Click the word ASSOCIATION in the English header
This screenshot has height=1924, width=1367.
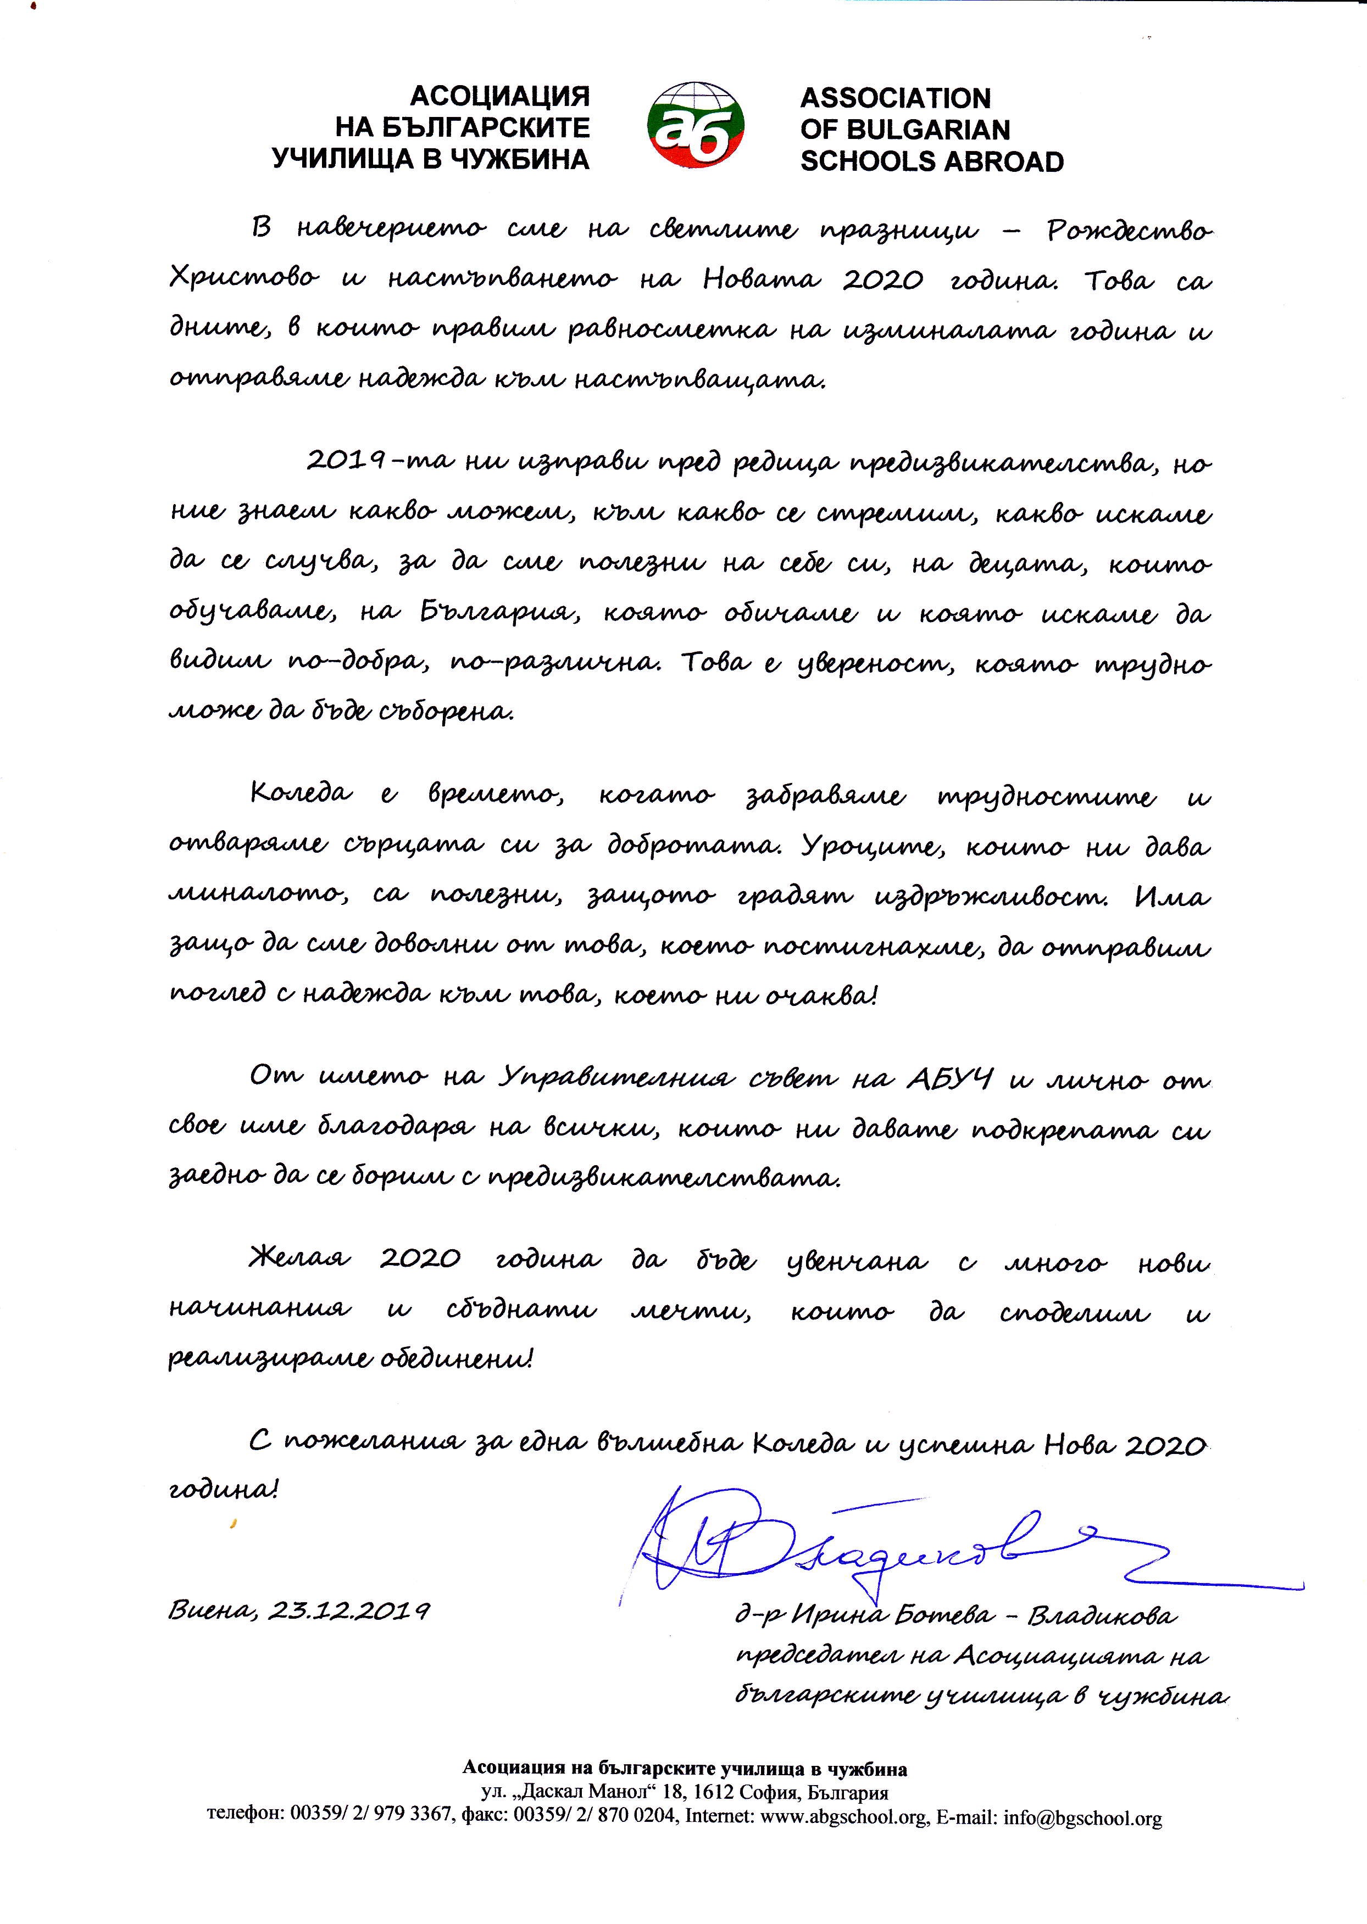click(x=895, y=98)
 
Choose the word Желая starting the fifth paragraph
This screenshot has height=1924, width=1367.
click(x=299, y=1260)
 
